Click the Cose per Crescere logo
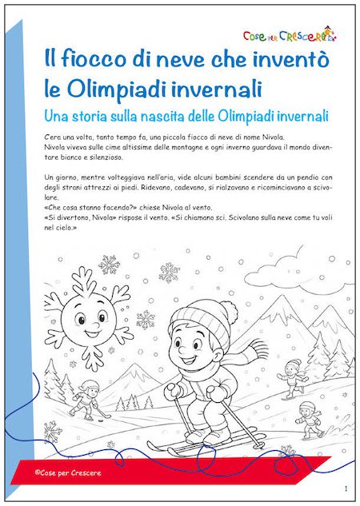pos(290,34)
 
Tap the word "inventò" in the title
pos(277,60)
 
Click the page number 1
pos(346,488)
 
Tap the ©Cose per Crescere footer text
pos(68,472)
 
